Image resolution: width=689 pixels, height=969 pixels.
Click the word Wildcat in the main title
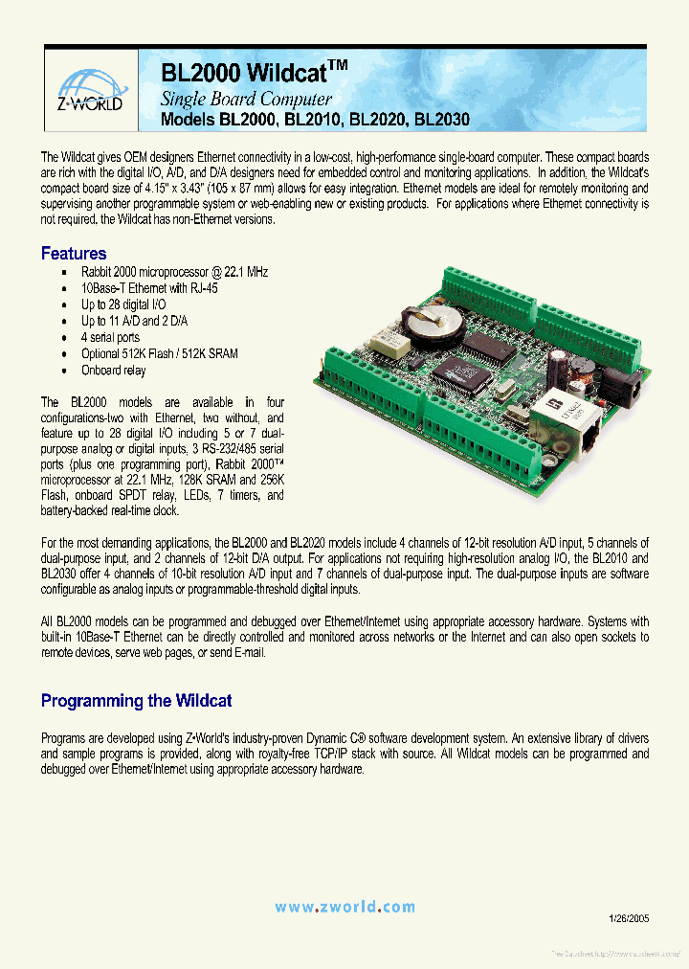tap(287, 73)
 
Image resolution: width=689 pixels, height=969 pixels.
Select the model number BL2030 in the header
tap(442, 122)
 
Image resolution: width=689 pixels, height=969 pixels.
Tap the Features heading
tap(74, 254)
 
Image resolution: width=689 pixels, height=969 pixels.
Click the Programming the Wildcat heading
tap(136, 701)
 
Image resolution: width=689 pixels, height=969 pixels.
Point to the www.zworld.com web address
tap(344, 907)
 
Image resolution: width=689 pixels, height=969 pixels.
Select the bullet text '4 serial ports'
tap(110, 337)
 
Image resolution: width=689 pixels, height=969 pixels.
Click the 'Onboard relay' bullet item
tap(113, 370)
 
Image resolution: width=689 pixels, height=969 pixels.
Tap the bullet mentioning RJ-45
tap(149, 288)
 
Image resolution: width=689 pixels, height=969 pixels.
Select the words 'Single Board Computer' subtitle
tap(246, 99)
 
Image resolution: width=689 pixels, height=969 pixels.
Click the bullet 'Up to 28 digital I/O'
tap(131, 304)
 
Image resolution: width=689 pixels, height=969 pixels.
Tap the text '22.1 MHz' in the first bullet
tap(245, 272)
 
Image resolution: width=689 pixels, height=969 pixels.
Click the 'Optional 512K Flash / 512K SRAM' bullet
tap(160, 353)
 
